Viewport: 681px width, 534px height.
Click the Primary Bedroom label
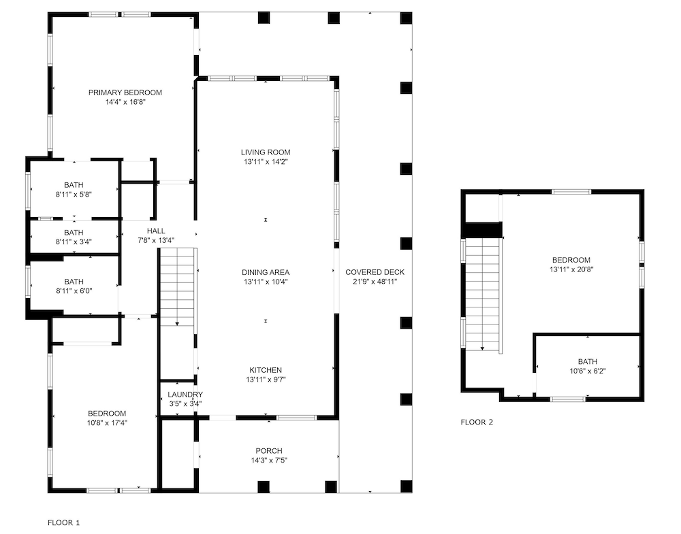[125, 93]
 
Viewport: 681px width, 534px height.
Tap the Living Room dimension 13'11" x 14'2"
[265, 162]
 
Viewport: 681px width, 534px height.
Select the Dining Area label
[265, 272]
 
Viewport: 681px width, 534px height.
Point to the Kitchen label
[265, 370]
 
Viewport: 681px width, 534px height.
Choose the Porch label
[268, 450]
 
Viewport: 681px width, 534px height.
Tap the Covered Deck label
[374, 272]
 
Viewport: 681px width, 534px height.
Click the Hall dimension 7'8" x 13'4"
[156, 240]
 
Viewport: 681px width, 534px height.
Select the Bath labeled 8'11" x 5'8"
[74, 189]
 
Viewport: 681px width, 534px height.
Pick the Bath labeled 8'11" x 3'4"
[74, 237]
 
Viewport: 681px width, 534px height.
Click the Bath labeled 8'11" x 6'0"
[74, 286]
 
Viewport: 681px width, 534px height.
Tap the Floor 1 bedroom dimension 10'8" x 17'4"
[107, 422]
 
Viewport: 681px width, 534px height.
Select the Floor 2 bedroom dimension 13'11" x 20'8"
[571, 269]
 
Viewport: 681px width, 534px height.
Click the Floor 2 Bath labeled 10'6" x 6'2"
[586, 366]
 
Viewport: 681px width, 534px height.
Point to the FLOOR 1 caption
[63, 522]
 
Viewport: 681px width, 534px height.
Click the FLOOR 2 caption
[477, 422]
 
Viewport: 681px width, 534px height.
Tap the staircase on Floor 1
[177, 286]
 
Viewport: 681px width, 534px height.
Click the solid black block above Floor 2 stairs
[482, 230]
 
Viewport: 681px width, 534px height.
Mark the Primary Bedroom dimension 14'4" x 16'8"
[125, 102]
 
